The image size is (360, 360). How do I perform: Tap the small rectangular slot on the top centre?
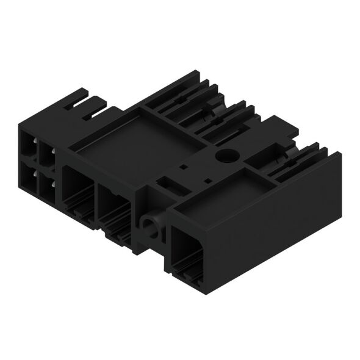tap(183, 166)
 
